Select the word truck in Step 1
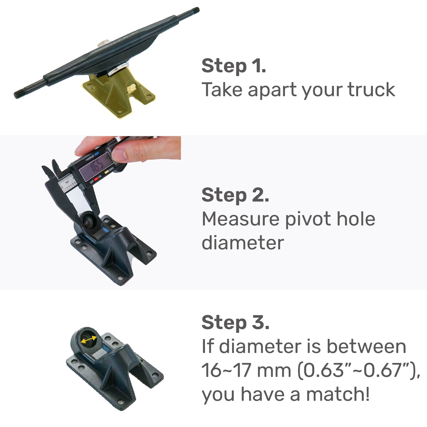tap(371, 90)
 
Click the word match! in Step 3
tap(338, 394)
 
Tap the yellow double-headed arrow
tap(89, 340)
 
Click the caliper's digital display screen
tap(95, 167)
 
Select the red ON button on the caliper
tap(96, 178)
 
